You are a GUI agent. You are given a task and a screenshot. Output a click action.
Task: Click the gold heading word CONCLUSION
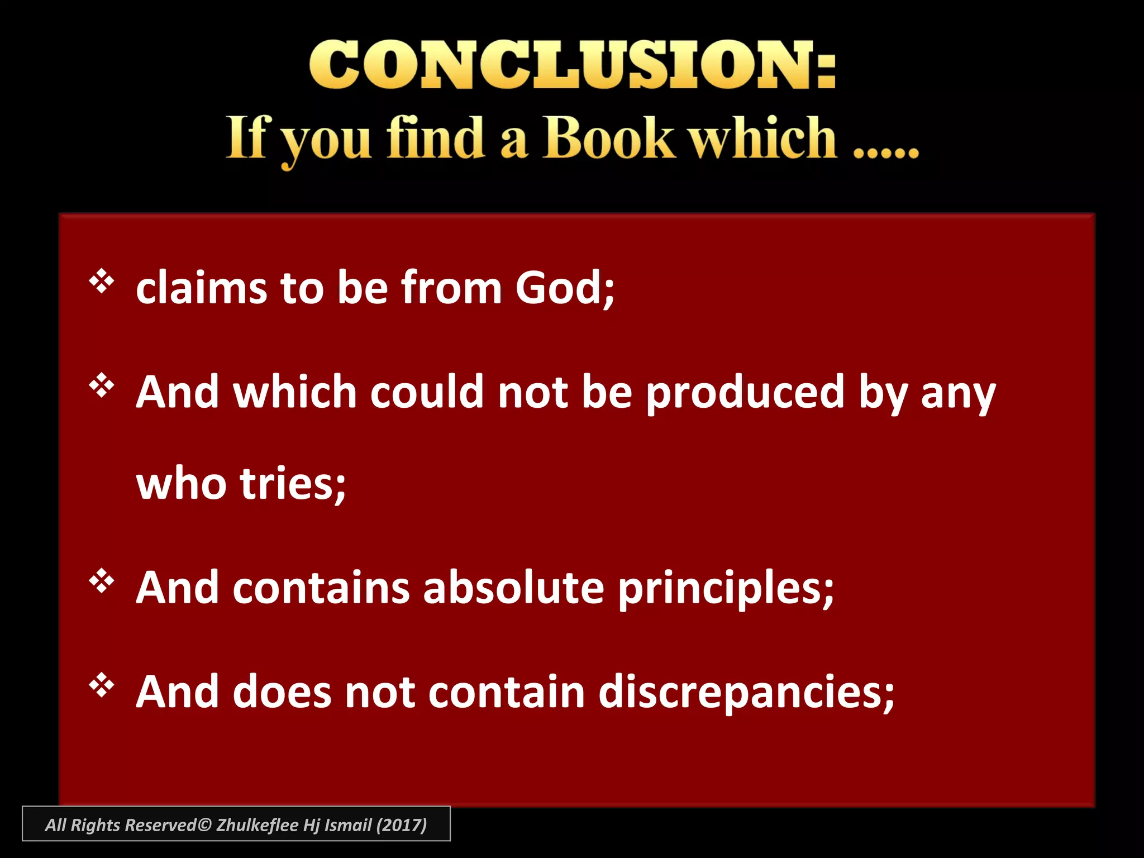coord(572,65)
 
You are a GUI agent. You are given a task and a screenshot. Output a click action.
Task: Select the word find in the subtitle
coord(435,137)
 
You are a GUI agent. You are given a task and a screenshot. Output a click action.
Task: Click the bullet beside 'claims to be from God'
coord(102,282)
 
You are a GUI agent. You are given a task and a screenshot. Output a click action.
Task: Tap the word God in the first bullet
coord(563,288)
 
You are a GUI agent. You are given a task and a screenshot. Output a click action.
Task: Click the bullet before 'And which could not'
coord(102,385)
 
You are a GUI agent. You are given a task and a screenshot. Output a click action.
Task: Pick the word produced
coord(745,393)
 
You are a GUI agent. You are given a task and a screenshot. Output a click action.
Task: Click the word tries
coord(293,484)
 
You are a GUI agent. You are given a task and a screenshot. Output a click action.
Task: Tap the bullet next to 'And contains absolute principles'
coord(102,582)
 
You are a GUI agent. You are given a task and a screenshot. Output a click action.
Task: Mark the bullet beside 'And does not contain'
coord(102,685)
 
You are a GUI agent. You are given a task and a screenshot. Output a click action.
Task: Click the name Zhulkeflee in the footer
coord(257,825)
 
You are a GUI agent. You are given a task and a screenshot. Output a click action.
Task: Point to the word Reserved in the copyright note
coord(161,825)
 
